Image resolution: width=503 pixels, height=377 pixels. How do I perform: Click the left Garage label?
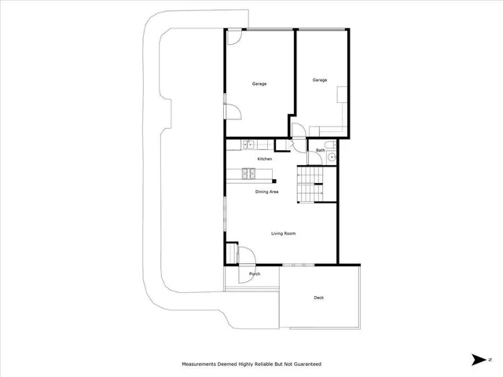259,84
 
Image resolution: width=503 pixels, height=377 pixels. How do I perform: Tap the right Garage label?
319,80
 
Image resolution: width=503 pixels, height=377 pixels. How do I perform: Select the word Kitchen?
265,159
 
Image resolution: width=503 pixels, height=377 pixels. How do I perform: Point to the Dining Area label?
266,192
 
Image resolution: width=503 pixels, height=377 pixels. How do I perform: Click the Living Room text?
283,233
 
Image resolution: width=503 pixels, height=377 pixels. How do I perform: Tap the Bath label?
320,150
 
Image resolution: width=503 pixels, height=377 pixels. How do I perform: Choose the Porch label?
255,274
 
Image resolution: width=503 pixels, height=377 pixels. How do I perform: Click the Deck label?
318,298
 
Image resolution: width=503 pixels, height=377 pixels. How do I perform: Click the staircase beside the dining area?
310,185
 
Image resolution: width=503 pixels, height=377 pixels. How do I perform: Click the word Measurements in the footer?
203,364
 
